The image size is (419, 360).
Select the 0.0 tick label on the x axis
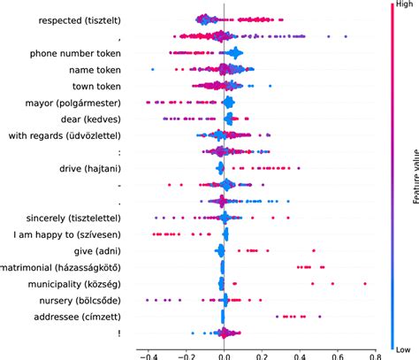(x=225, y=352)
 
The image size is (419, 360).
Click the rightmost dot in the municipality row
(x=365, y=284)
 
